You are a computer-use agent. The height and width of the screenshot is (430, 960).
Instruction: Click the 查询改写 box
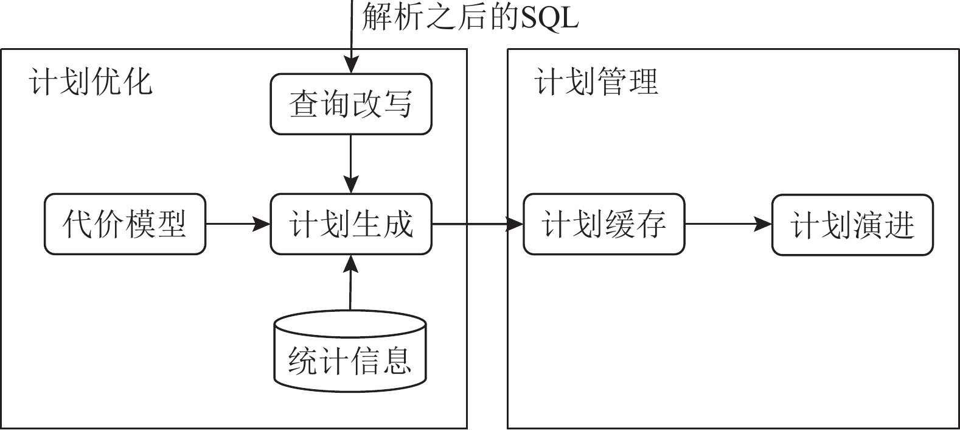(x=351, y=104)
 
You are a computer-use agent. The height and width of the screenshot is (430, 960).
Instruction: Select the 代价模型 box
(x=125, y=224)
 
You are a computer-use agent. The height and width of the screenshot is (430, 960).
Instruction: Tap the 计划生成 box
(x=351, y=224)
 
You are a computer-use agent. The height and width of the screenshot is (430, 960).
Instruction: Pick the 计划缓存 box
(x=603, y=224)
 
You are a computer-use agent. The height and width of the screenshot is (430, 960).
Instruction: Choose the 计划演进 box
(x=852, y=225)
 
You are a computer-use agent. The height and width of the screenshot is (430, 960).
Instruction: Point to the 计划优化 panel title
(x=90, y=82)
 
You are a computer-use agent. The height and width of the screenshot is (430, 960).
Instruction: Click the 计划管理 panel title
(x=596, y=82)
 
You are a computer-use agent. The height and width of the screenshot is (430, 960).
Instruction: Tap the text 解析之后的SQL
(x=470, y=17)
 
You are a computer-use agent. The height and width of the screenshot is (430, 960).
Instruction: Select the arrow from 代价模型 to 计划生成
(x=238, y=224)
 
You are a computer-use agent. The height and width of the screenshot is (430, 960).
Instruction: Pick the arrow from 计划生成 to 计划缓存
(x=478, y=224)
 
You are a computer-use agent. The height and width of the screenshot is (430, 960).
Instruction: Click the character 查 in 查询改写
(x=304, y=104)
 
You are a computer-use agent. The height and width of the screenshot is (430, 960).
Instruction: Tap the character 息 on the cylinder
(x=397, y=361)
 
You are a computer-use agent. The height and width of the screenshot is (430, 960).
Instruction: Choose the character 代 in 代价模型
(x=77, y=224)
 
